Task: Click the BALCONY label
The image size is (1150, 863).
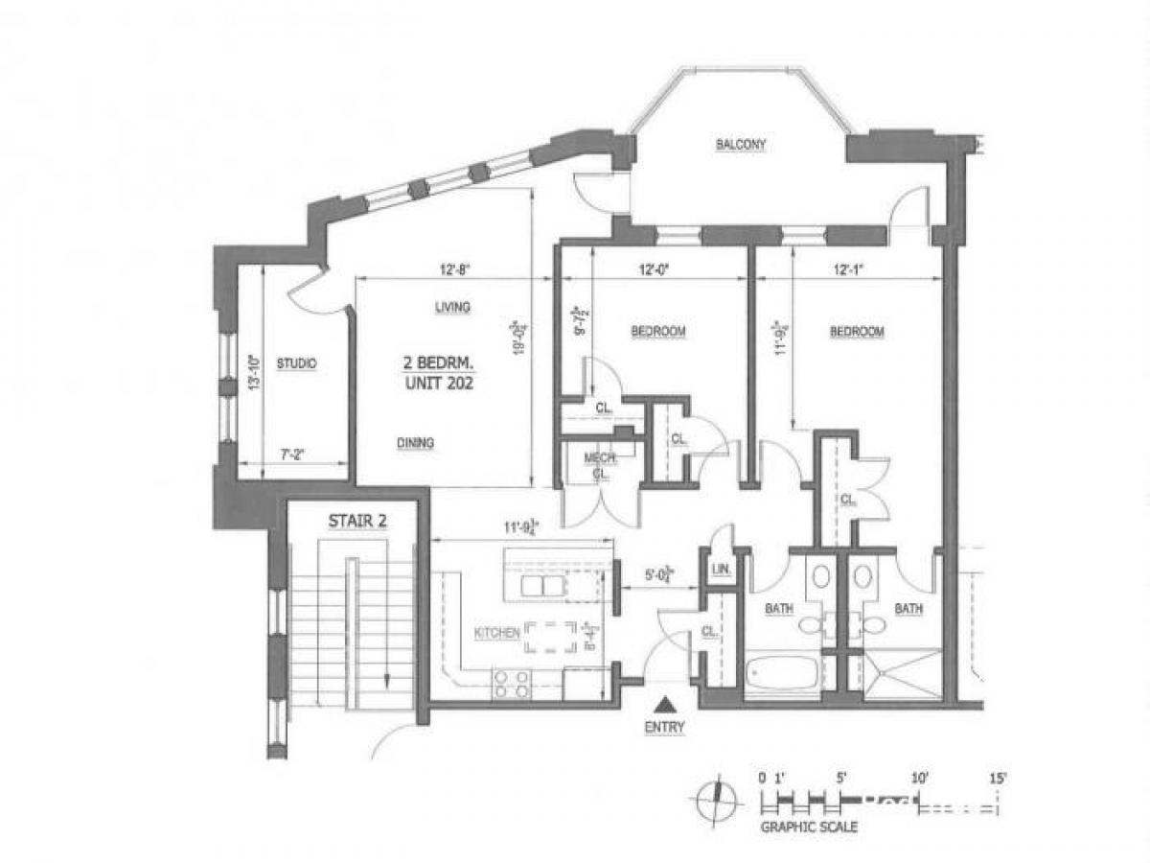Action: [x=743, y=145]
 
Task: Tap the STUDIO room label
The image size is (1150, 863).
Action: [x=296, y=363]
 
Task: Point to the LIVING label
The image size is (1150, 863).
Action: [x=451, y=307]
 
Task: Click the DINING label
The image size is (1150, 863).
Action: [x=415, y=443]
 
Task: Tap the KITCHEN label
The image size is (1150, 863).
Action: [x=497, y=633]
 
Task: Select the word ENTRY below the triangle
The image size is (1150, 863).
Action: [x=664, y=727]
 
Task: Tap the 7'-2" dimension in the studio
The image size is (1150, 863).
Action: [x=293, y=455]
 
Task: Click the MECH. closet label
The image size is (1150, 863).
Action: [x=600, y=458]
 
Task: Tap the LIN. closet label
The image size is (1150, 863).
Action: [x=722, y=571]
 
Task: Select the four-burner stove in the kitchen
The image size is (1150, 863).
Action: [x=511, y=683]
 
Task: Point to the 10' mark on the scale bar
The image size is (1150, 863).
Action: [x=920, y=779]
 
